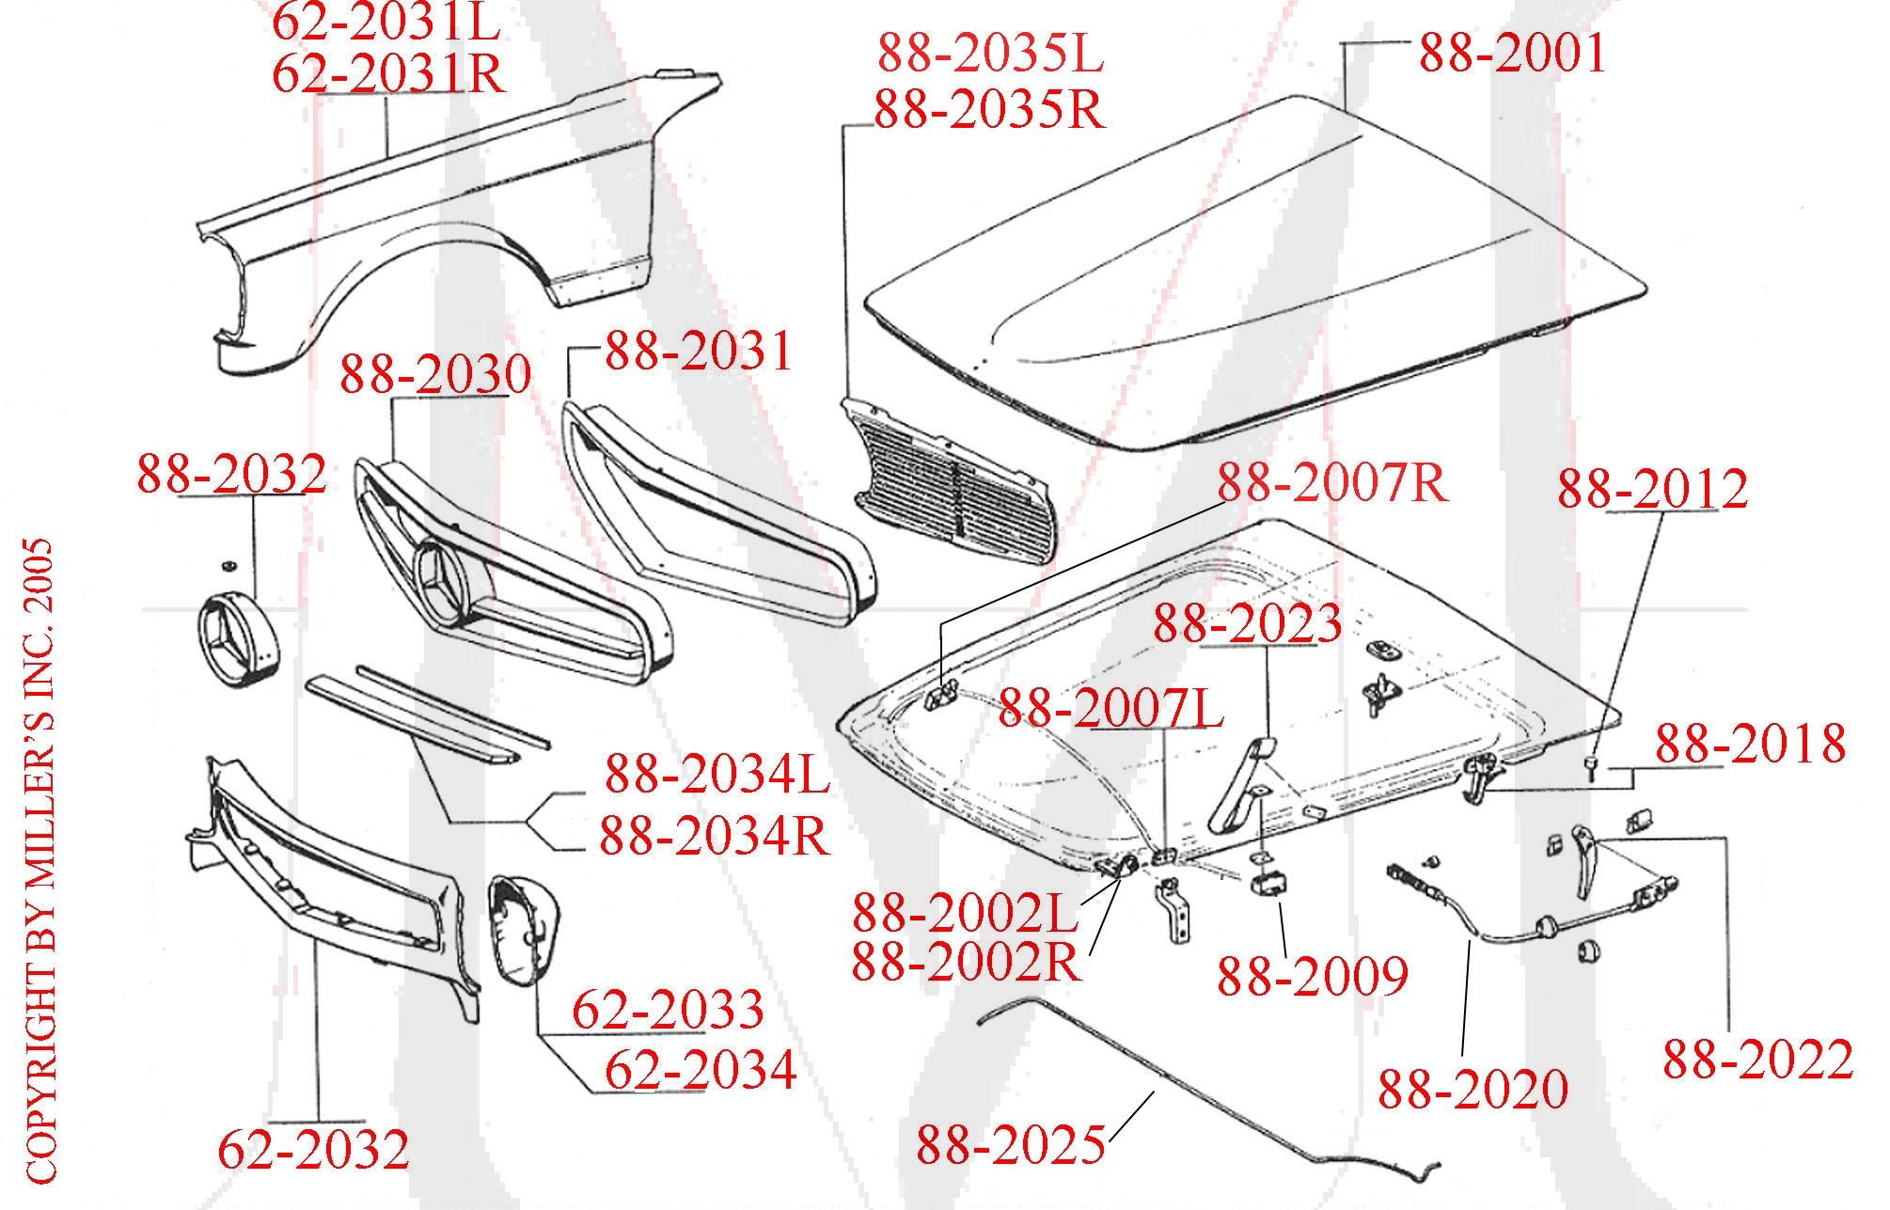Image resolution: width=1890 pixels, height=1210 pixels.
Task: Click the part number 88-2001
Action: tap(1511, 54)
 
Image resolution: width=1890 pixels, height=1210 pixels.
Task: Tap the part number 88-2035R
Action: tap(989, 111)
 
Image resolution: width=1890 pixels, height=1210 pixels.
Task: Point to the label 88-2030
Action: tap(434, 374)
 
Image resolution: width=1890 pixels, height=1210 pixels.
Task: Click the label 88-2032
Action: tap(231, 475)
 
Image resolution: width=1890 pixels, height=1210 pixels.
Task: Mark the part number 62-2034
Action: tap(700, 1070)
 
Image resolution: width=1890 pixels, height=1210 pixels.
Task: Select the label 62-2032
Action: tap(313, 1150)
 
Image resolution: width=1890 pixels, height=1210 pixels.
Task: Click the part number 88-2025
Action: tap(1010, 1144)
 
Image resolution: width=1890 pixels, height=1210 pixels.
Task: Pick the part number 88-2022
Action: tap(1757, 1060)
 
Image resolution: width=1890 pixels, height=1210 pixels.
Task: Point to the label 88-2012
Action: tap(1652, 489)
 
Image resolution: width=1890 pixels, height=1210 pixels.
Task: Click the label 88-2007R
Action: tap(1331, 483)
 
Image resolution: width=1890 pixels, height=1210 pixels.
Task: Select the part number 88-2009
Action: tap(1312, 977)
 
